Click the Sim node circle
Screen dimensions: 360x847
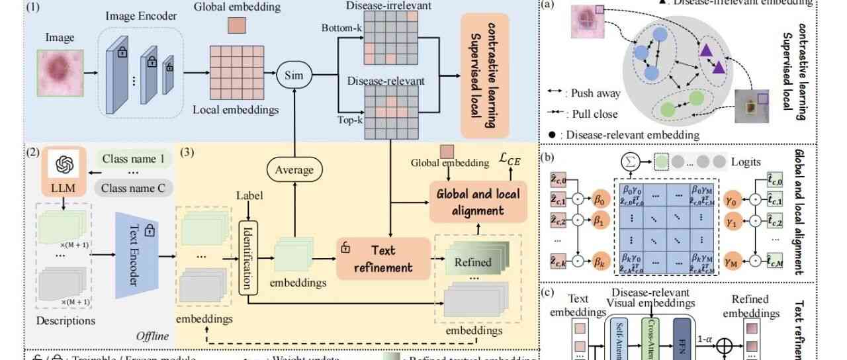pyautogui.click(x=292, y=75)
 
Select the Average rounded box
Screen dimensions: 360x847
pyautogui.click(x=295, y=169)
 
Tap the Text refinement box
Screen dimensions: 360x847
pyautogui.click(x=375, y=259)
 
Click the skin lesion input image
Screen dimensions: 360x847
pyautogui.click(x=60, y=73)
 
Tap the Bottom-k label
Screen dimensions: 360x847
pyautogui.click(x=339, y=29)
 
